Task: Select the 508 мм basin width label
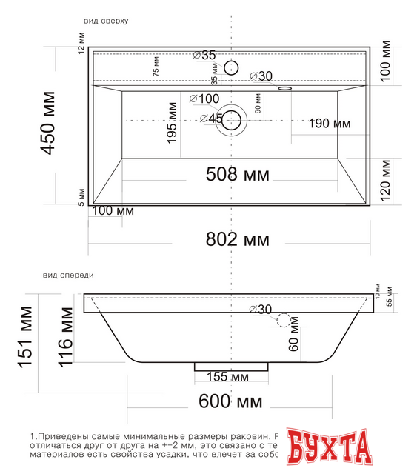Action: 236,175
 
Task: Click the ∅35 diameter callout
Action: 204,55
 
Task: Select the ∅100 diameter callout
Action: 204,99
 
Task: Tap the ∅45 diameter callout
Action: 212,118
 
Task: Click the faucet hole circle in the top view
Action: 232,68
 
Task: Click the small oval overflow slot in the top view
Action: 284,88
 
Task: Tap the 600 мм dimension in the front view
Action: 230,402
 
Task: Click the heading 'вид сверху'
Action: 106,21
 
